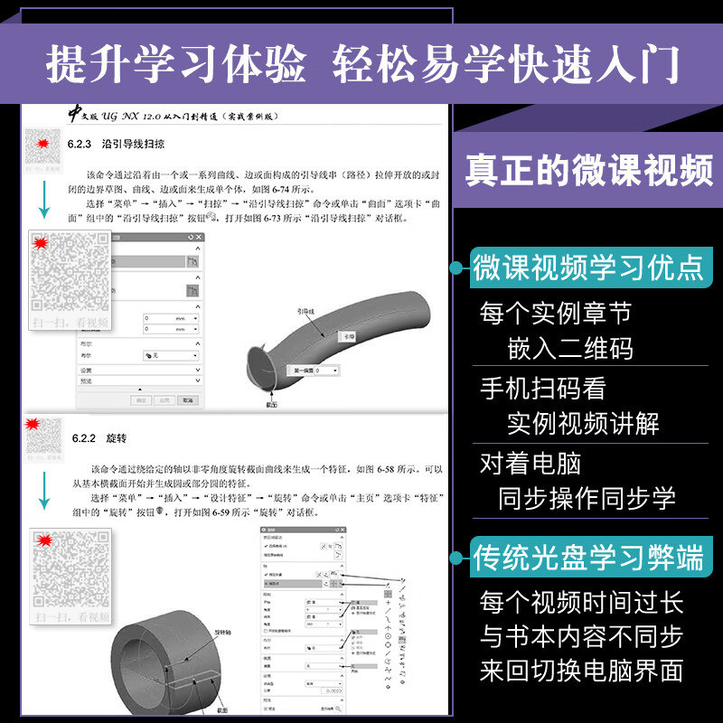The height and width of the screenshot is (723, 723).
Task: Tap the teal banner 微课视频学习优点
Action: tap(588, 267)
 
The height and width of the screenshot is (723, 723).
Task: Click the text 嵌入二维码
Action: tap(569, 348)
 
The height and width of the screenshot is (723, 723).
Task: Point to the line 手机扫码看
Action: tap(542, 388)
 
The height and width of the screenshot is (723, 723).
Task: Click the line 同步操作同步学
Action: tap(587, 498)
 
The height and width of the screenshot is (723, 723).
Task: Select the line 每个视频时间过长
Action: tap(581, 602)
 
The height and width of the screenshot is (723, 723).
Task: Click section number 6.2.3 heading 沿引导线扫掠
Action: tap(116, 144)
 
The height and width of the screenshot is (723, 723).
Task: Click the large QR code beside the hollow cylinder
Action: tap(70, 575)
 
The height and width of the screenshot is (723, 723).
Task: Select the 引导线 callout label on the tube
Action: tap(310, 312)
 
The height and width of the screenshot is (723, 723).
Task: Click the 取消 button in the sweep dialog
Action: tap(187, 399)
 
